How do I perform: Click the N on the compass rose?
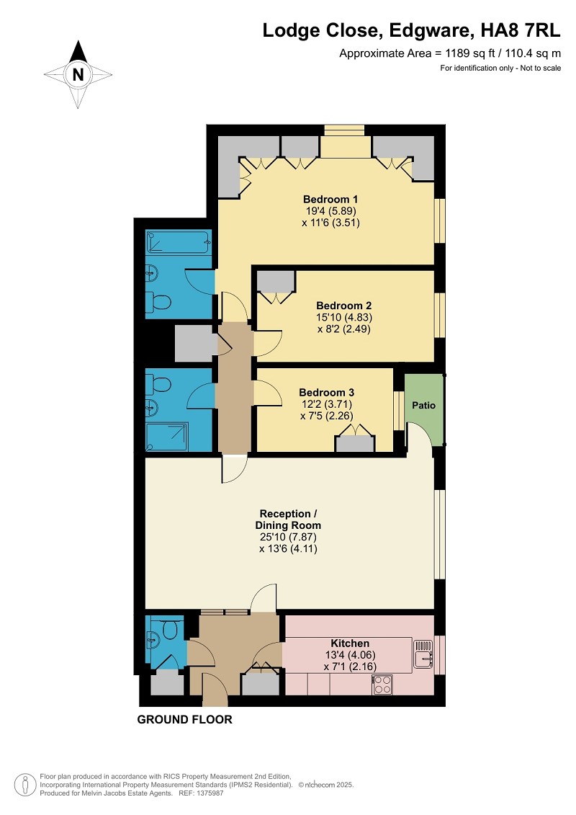pos(78,74)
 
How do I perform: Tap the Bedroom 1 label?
pos(330,199)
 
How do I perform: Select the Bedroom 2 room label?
pos(344,306)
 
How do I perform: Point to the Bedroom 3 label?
pos(326,393)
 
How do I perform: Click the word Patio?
pos(424,405)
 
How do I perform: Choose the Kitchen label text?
pos(350,643)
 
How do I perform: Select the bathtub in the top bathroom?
pos(179,242)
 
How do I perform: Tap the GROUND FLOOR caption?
pos(184,719)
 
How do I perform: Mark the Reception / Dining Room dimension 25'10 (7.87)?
pos(288,537)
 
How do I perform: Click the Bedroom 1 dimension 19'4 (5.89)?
pos(330,211)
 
